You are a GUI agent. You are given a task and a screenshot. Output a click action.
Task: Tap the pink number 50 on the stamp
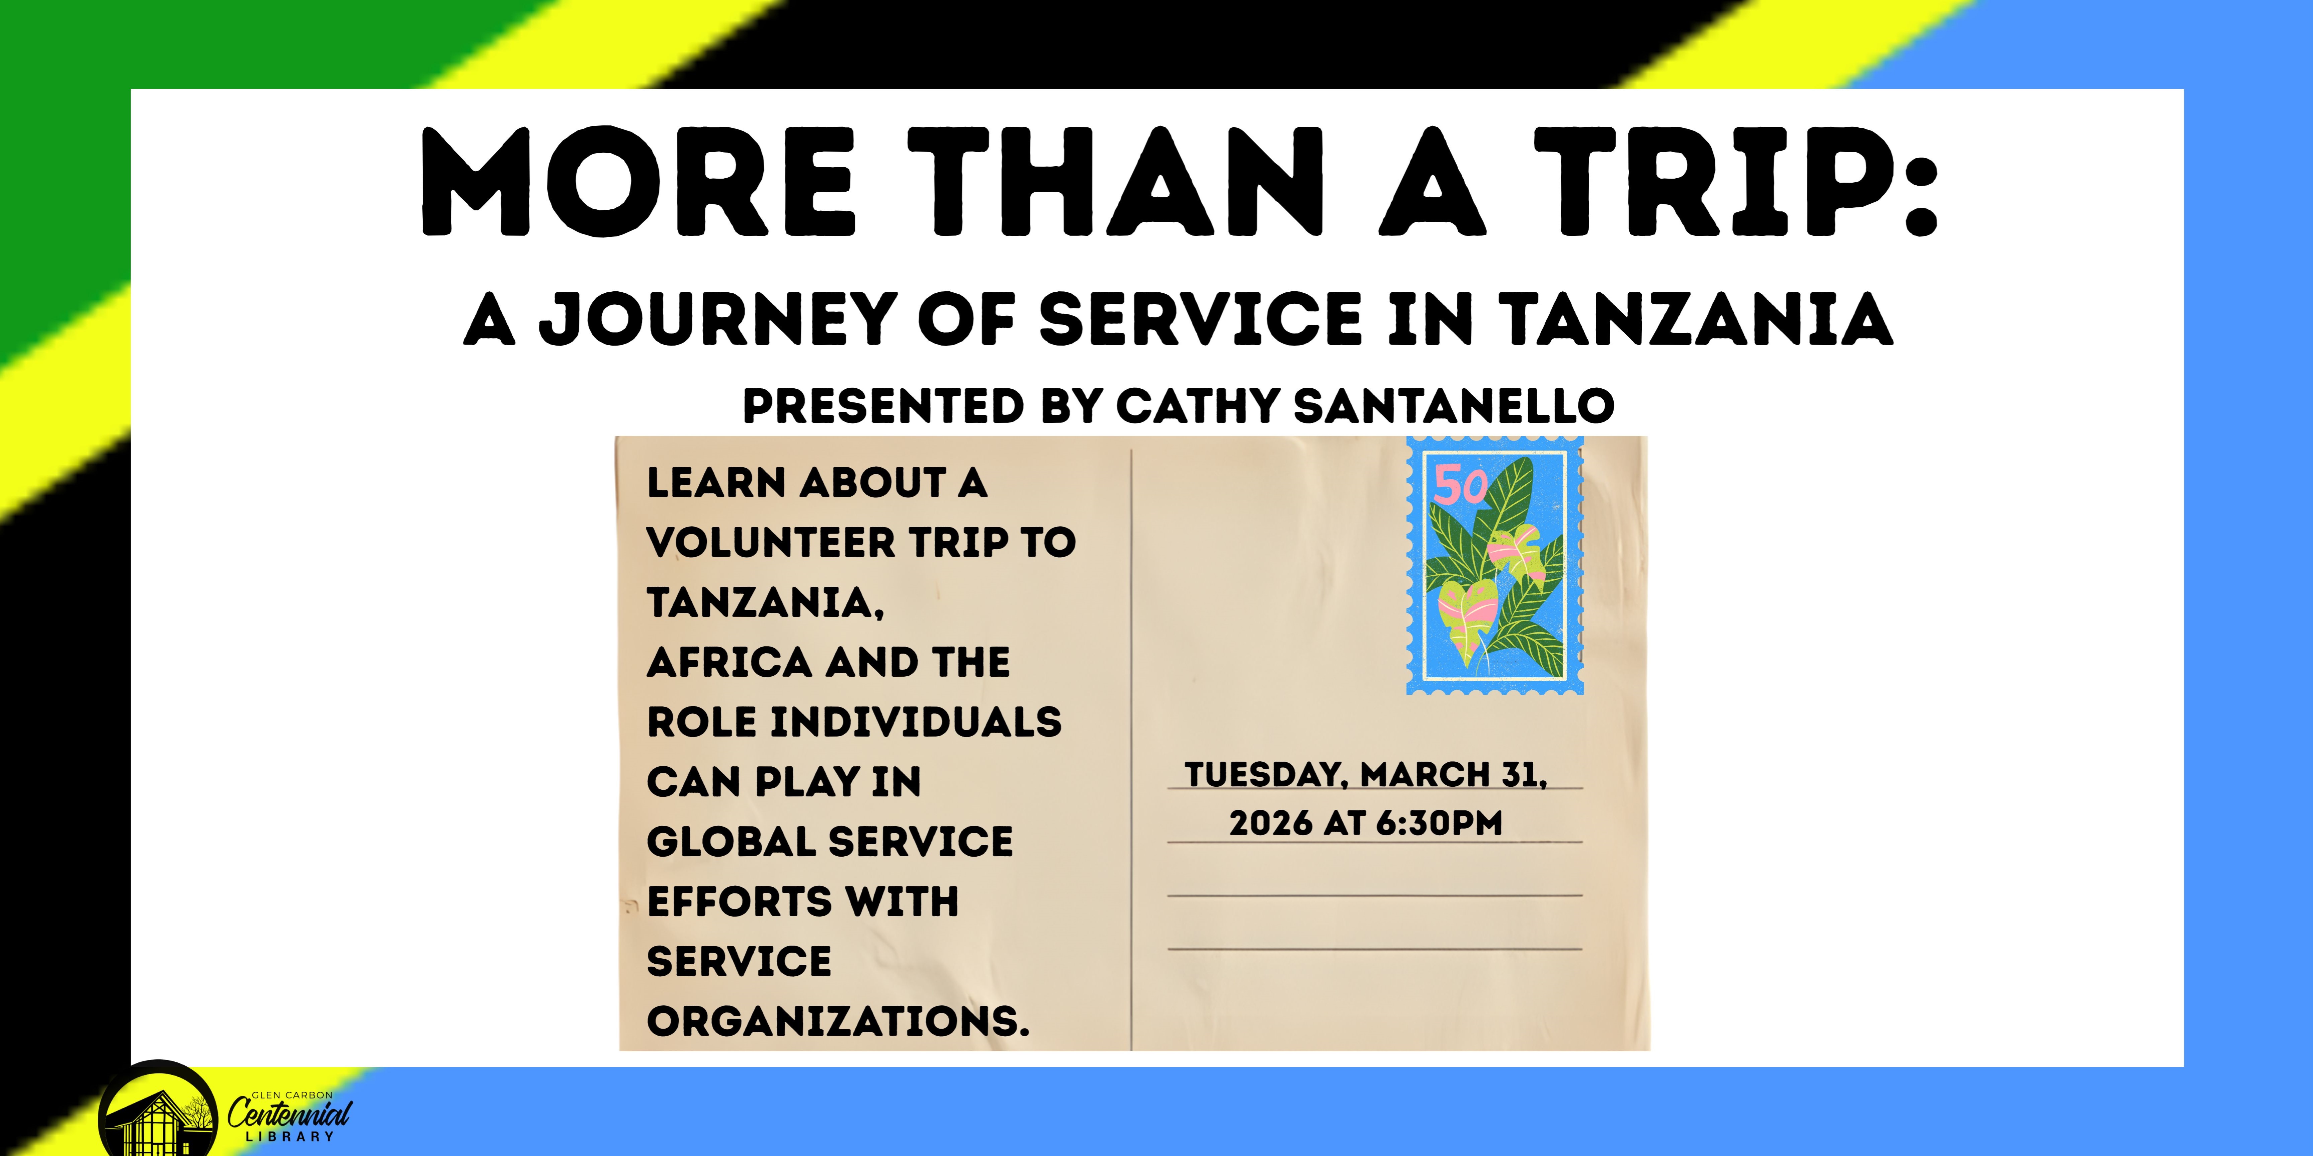point(1460,486)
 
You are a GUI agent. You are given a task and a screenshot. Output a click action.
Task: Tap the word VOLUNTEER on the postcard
point(770,542)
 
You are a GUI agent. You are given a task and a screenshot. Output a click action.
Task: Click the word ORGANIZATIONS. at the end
point(838,1022)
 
